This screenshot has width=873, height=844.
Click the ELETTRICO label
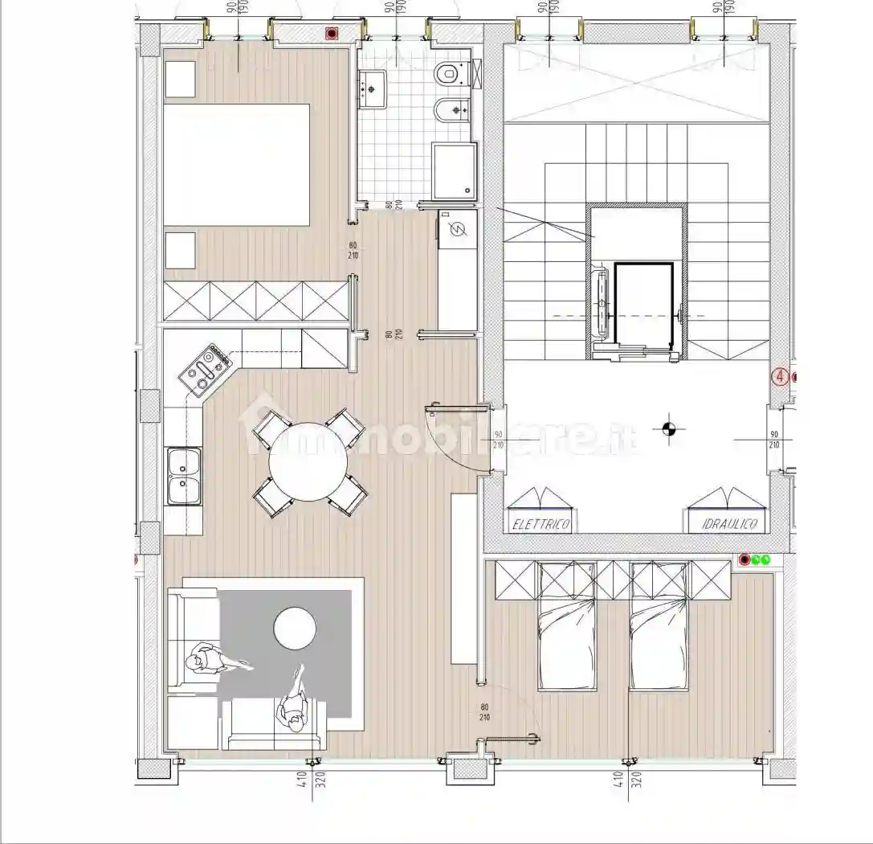541,525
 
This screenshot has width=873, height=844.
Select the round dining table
308,462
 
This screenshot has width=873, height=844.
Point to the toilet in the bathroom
447,73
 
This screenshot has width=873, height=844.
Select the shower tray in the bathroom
454,170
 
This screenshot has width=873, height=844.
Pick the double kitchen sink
183,475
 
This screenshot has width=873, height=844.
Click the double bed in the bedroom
236,165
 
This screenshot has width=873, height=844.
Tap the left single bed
567,635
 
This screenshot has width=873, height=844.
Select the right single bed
659,635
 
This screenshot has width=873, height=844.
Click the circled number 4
778,375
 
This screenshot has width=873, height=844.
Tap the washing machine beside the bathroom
458,229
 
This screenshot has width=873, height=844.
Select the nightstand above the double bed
180,78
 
